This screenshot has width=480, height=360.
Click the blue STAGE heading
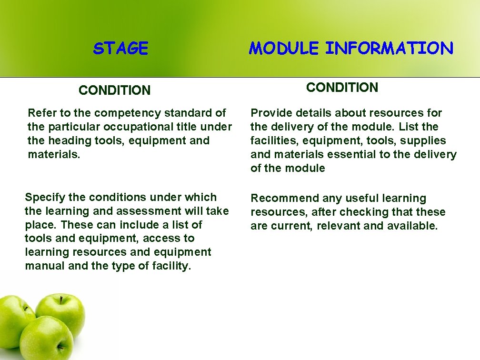click(x=120, y=48)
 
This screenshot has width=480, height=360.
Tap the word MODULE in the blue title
click(x=284, y=48)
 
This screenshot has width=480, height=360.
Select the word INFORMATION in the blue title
click(x=389, y=48)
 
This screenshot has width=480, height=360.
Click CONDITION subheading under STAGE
click(x=114, y=90)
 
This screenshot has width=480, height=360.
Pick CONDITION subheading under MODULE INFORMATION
click(x=342, y=87)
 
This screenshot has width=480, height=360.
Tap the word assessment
click(x=156, y=211)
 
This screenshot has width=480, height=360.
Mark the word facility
click(x=170, y=266)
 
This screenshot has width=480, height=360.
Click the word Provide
click(x=270, y=113)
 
